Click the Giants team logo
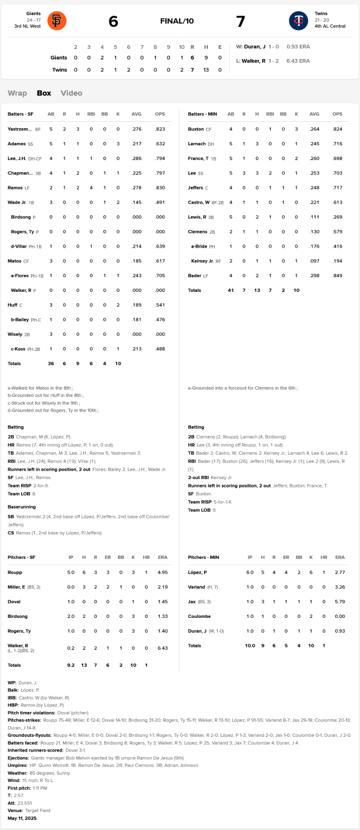(57, 21)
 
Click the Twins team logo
(298, 21)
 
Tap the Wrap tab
(17, 93)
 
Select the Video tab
(71, 93)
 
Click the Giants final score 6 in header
(113, 21)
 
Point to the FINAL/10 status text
(177, 21)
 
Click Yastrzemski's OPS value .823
(160, 129)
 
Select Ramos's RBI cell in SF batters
(91, 188)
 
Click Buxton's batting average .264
(314, 129)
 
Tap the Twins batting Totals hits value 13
(257, 290)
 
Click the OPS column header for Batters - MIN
(337, 114)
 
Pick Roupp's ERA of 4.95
(162, 572)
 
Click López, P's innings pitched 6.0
(250, 572)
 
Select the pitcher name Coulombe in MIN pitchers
(199, 617)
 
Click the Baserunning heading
(22, 507)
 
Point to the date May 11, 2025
(22, 818)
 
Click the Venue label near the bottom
(15, 810)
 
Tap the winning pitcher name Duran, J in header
(254, 47)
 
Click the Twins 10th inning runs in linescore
(182, 70)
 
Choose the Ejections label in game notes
(18, 758)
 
